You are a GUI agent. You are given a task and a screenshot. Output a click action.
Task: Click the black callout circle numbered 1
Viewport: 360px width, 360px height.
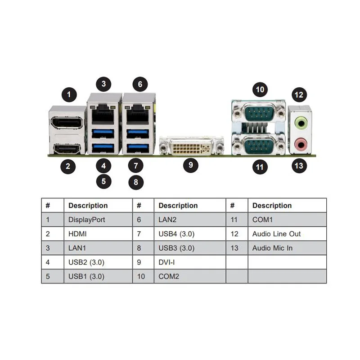tap(69, 94)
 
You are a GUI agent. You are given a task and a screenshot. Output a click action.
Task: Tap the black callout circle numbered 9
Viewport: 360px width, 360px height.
tap(190, 165)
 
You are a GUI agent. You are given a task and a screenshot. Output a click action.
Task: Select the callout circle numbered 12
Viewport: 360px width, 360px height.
tap(299, 95)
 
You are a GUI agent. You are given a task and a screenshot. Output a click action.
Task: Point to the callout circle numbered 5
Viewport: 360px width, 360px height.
tap(103, 181)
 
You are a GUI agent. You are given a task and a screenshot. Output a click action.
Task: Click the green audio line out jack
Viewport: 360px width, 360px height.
tap(300, 122)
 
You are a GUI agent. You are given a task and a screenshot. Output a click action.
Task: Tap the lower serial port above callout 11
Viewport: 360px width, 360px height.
tap(259, 145)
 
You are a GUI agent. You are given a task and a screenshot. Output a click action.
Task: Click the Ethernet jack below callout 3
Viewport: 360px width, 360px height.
tap(104, 109)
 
